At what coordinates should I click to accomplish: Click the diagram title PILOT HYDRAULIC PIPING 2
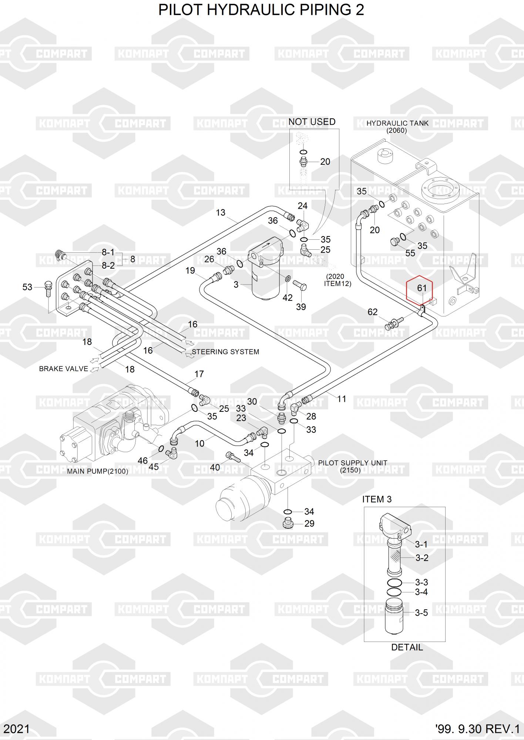261,10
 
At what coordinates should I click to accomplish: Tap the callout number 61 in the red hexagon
422,288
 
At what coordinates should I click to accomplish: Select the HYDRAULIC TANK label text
397,123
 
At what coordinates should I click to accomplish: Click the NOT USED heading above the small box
312,122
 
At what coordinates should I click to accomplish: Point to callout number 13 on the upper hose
221,212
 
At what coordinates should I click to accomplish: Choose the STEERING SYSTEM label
225,352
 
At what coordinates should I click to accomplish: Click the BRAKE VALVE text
64,369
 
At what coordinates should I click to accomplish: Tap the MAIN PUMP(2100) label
98,471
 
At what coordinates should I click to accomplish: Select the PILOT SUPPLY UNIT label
353,463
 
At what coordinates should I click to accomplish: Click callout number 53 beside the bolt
27,287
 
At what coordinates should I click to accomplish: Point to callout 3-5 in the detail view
421,613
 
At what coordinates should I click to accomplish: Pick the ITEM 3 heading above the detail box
377,499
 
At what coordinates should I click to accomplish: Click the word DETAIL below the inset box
407,647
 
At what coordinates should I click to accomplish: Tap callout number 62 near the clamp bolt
372,312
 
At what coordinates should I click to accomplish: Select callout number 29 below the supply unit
309,524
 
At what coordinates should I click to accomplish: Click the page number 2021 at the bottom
17,729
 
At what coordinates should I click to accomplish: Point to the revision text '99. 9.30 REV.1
477,729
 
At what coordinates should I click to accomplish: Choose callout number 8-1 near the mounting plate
108,252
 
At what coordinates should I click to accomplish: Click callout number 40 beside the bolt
215,467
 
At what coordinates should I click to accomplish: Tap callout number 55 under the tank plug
410,253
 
